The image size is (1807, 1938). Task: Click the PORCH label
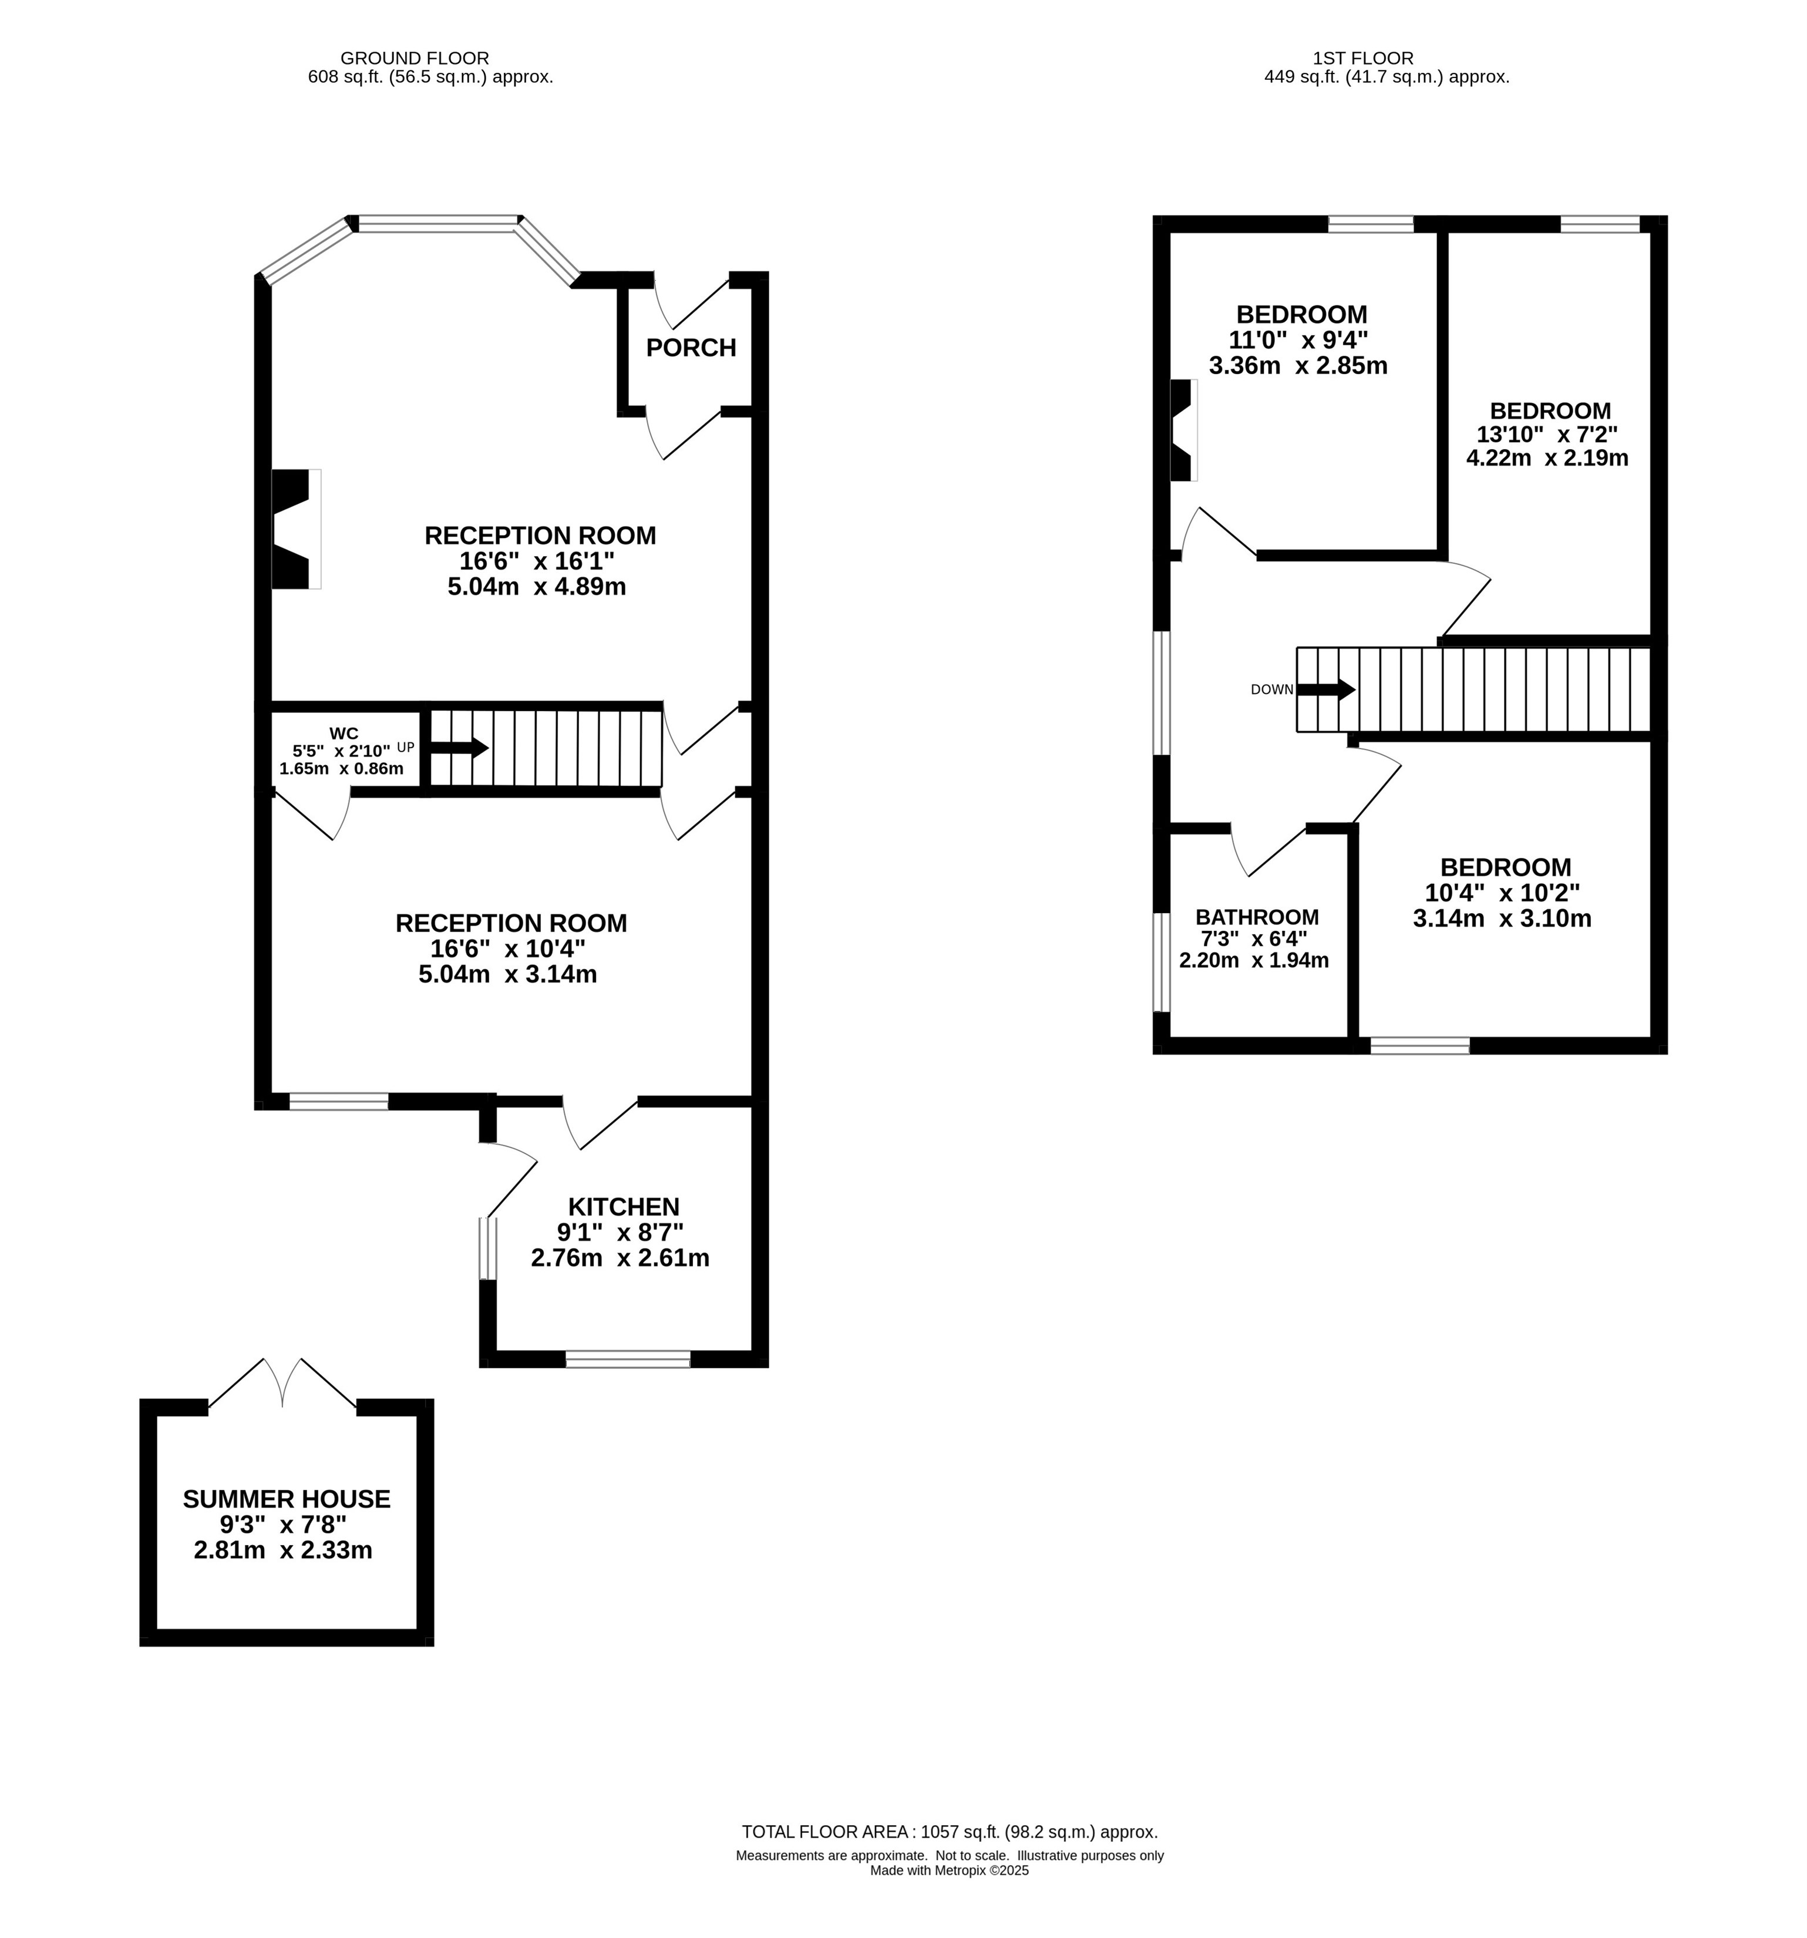point(691,348)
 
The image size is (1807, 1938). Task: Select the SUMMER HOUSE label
point(287,1498)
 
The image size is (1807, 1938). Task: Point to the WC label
point(344,733)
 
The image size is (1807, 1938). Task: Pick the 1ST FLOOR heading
point(1362,59)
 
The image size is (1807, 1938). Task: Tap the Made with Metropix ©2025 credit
point(950,1870)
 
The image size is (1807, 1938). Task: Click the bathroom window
point(1161,962)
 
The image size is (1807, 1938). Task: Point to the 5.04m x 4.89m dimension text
point(536,587)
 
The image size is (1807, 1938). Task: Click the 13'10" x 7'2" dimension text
point(1548,435)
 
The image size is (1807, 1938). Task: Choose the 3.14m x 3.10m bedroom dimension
point(1502,918)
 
